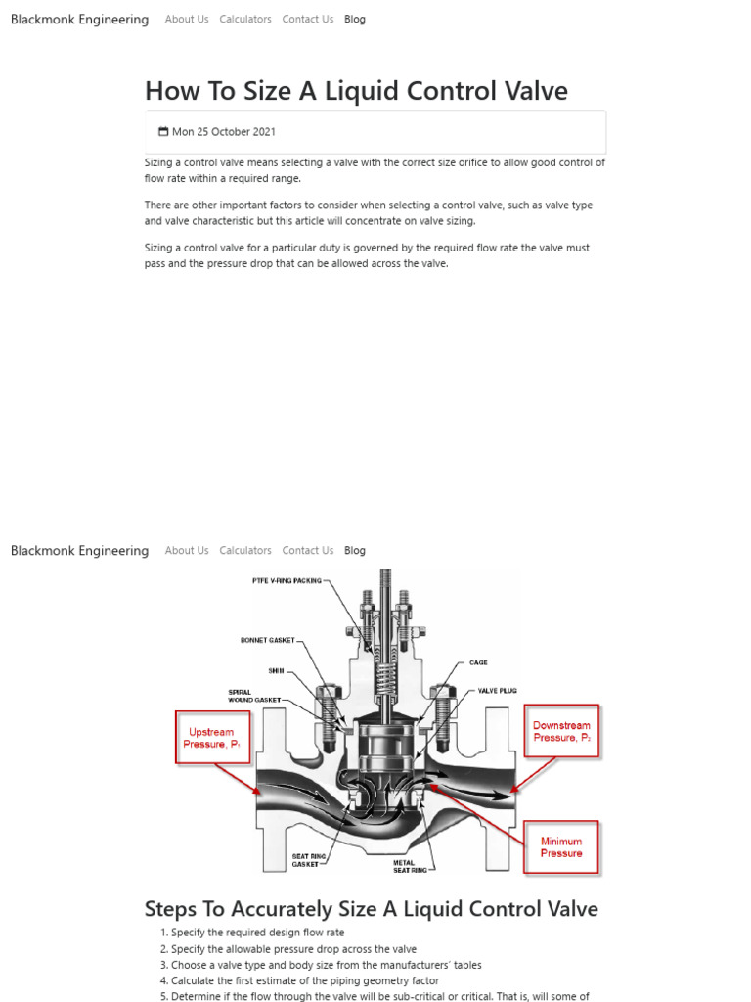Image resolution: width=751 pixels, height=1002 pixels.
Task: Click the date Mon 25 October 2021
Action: coord(224,132)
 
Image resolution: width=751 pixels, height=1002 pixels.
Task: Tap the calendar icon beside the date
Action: coord(163,132)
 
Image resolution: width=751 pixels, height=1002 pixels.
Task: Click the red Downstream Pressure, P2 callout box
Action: coord(561,732)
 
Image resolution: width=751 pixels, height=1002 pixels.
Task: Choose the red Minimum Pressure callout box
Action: coord(560,847)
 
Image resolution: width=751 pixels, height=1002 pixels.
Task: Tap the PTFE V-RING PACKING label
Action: coord(287,580)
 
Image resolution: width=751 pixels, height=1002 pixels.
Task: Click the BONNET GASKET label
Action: coord(267,641)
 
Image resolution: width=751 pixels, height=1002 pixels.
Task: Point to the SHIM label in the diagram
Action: coord(276,670)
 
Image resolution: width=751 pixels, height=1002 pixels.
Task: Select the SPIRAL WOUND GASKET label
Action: coord(254,696)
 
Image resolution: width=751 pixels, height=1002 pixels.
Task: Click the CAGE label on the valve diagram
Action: coord(478,662)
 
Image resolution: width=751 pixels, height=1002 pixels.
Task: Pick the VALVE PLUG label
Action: coord(495,690)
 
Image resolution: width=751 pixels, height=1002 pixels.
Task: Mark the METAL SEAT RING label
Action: coord(410,866)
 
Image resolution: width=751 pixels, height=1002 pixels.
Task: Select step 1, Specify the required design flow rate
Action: coord(257,933)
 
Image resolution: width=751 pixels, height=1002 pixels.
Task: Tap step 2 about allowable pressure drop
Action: coord(293,949)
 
